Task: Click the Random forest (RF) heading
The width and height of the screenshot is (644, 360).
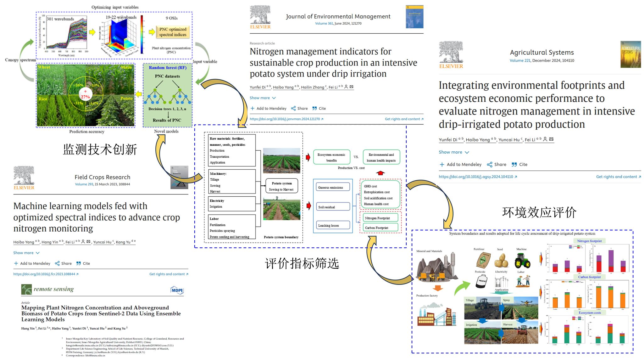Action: tap(167, 68)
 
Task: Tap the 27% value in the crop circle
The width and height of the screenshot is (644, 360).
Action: tap(85, 97)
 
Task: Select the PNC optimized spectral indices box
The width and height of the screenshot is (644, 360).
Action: tap(173, 32)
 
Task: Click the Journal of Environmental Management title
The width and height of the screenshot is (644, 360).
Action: tap(338, 16)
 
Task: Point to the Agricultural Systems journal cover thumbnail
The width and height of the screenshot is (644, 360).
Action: tap(630, 54)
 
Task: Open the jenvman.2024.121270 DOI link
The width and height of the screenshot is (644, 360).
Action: tap(286, 119)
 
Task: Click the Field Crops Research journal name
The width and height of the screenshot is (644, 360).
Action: tap(102, 177)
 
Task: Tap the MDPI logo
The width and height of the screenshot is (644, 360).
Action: tap(177, 290)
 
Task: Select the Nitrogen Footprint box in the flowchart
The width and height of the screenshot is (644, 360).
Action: tap(380, 218)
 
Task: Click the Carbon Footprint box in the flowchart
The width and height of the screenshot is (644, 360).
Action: tap(380, 228)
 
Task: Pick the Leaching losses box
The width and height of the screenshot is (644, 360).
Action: tap(333, 225)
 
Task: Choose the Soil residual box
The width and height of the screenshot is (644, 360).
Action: tap(333, 207)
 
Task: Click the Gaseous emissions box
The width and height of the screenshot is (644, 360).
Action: tap(333, 187)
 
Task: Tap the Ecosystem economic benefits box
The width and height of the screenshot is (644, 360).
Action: tap(331, 157)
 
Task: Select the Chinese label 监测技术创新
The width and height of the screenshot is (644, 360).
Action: tap(100, 149)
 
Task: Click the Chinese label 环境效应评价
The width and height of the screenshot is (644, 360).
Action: tap(539, 212)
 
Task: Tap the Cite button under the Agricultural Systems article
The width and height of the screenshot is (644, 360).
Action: tap(519, 164)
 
